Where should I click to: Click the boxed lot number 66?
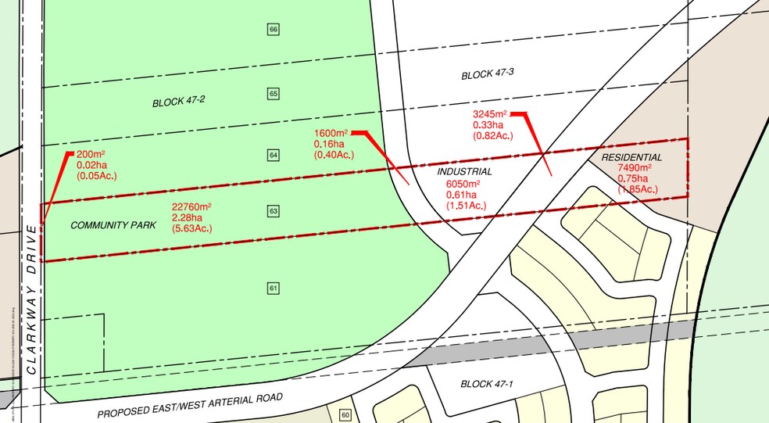click(x=273, y=30)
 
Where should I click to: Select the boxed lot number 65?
click(x=273, y=94)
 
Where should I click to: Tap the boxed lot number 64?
click(x=273, y=155)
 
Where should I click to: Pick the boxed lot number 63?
click(x=273, y=211)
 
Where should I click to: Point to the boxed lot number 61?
click(x=273, y=288)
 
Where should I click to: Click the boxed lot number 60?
click(x=346, y=414)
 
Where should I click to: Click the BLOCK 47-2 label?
click(x=178, y=102)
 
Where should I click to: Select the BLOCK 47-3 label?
click(x=487, y=75)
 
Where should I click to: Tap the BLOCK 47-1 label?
click(x=487, y=384)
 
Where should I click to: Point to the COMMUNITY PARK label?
click(x=113, y=225)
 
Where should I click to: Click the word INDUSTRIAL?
click(x=464, y=171)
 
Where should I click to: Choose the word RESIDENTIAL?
click(x=631, y=157)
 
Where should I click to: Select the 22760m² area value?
click(x=191, y=207)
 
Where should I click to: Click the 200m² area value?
click(x=91, y=155)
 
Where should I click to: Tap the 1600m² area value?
click(x=331, y=134)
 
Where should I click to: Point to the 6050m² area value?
click(x=463, y=184)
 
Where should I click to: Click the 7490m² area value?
click(x=634, y=168)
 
